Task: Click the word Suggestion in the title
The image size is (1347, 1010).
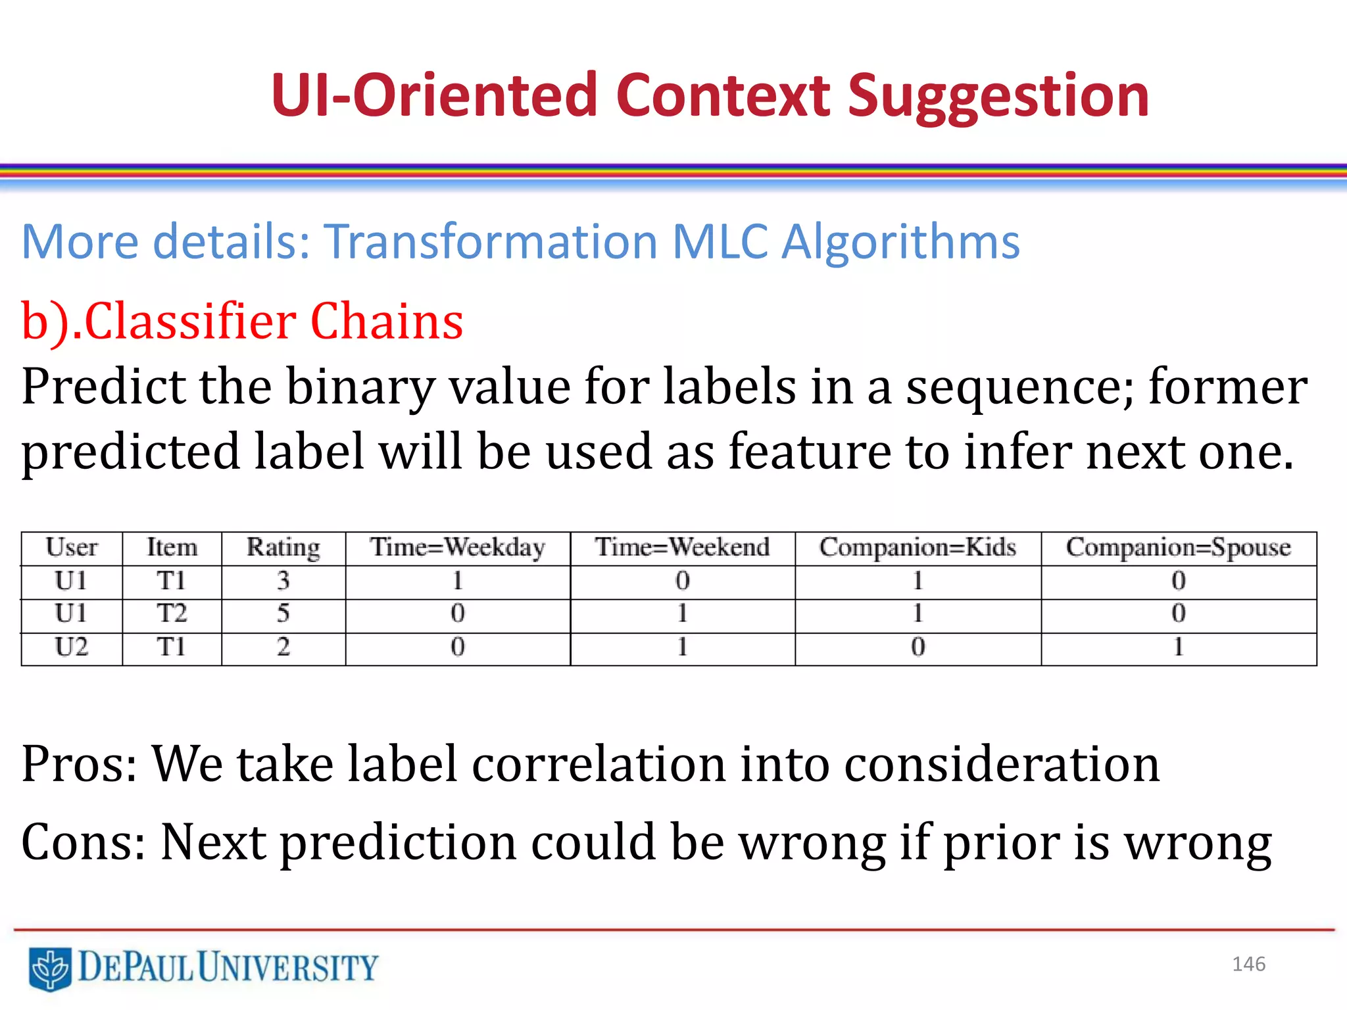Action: [x=998, y=97]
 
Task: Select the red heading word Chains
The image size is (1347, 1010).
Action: [x=387, y=322]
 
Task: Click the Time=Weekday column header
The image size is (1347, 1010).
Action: [x=457, y=548]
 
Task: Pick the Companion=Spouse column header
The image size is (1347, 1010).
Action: [x=1178, y=548]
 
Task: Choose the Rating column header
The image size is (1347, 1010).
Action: [x=283, y=548]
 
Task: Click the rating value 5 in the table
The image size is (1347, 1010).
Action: [x=283, y=613]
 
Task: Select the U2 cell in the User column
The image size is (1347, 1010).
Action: [x=71, y=648]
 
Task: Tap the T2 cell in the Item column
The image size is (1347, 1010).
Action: [x=171, y=613]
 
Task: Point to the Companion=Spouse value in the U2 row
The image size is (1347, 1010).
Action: [x=1178, y=648]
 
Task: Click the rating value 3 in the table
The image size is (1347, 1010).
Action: [x=283, y=581]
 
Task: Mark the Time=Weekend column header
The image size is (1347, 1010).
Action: [x=682, y=548]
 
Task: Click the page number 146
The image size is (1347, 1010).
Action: [x=1248, y=964]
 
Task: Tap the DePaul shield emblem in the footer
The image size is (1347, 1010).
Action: [x=50, y=969]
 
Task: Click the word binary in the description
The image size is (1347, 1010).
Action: [x=360, y=387]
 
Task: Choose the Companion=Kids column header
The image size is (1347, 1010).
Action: [x=918, y=548]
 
